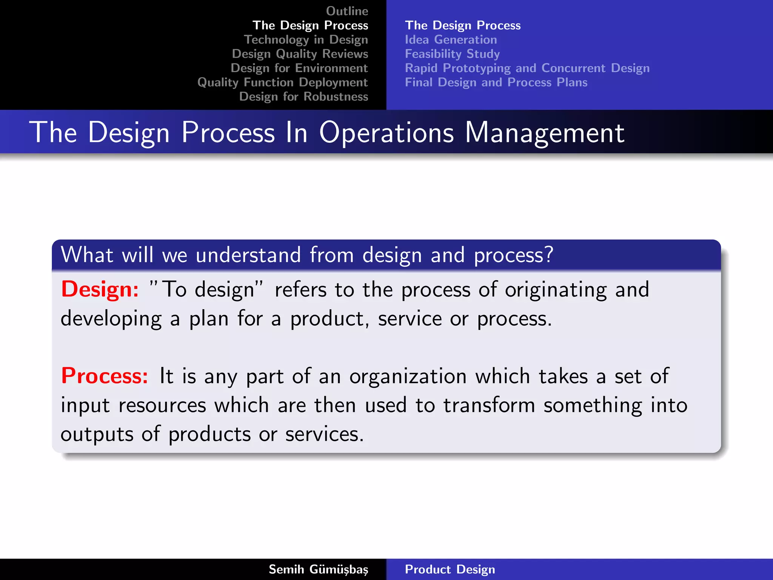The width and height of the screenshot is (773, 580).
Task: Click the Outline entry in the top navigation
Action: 347,11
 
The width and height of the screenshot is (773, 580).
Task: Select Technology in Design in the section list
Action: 306,40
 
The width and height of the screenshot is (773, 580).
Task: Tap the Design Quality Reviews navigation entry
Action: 300,54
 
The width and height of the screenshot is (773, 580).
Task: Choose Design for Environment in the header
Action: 299,68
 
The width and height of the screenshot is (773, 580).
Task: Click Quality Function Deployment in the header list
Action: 282,82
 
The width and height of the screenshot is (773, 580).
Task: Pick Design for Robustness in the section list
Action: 303,97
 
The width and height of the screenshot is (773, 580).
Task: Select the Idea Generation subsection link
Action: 451,40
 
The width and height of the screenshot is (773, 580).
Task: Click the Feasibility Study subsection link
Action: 452,54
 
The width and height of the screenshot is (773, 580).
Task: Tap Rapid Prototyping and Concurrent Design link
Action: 527,68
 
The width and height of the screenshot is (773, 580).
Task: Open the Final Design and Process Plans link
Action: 496,82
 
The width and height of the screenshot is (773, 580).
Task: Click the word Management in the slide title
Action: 544,133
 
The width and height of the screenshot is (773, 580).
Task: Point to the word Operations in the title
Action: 386,133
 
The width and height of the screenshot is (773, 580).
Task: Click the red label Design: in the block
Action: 100,290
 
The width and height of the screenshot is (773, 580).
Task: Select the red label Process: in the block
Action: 105,376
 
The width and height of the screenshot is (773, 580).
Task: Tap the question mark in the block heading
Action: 548,255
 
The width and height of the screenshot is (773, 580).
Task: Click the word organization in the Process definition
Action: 408,377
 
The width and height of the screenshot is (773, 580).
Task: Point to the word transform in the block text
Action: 489,406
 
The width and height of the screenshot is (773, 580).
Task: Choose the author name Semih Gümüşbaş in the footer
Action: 318,569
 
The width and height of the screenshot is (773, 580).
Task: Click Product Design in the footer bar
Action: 450,569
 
